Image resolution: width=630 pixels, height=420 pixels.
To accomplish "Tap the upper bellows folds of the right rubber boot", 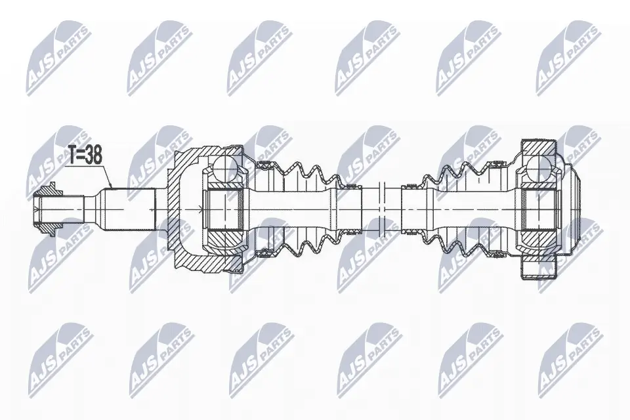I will [453, 174].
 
